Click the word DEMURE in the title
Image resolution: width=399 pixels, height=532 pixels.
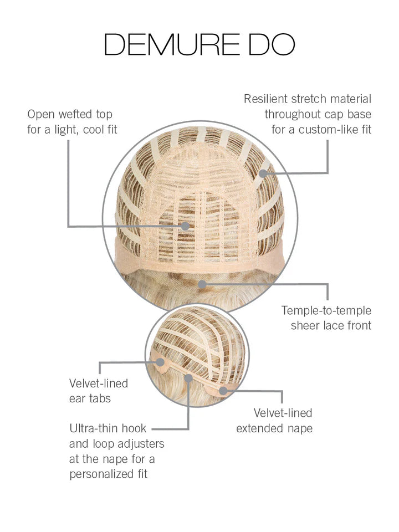pyautogui.click(x=171, y=44)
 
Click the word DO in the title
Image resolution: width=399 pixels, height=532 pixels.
pyautogui.click(x=272, y=44)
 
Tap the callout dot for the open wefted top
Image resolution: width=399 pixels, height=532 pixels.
pyautogui.click(x=185, y=226)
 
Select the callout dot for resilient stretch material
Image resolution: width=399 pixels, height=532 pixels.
pyautogui.click(x=263, y=173)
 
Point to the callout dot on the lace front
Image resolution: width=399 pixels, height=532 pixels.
pyautogui.click(x=202, y=284)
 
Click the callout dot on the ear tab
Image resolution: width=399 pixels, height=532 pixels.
pyautogui.click(x=160, y=362)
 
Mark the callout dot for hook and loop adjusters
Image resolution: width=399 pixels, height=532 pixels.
pyautogui.click(x=188, y=378)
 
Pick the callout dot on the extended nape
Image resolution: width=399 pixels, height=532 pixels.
pyautogui.click(x=223, y=391)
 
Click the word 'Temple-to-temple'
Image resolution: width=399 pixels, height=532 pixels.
pyautogui.click(x=326, y=311)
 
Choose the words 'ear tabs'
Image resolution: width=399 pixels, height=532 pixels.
pyautogui.click(x=90, y=398)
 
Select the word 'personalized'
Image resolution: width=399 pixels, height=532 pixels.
pyautogui.click(x=101, y=474)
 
